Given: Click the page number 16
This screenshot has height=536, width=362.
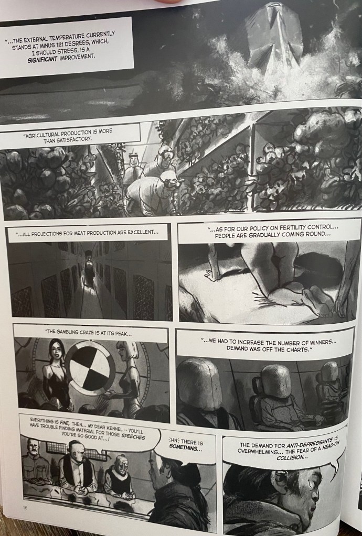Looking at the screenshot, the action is tap(25, 508).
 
